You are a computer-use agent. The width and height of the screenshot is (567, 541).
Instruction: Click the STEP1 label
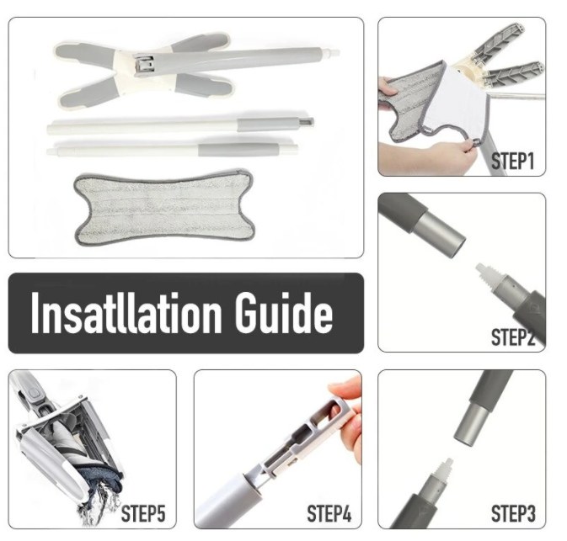point(513,161)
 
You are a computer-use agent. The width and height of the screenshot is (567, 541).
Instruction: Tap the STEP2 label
point(513,337)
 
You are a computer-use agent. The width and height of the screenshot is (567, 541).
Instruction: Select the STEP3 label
point(513,513)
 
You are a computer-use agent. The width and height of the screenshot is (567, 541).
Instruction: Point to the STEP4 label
point(329,513)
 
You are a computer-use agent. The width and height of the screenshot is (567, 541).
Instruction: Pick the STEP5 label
point(143,513)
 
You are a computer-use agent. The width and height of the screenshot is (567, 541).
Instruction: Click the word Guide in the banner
point(283,313)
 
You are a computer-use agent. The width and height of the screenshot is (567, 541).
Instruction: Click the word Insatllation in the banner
point(126,313)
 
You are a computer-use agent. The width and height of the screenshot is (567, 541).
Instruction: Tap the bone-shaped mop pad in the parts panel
point(163,207)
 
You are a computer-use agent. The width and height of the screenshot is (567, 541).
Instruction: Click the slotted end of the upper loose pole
point(306,123)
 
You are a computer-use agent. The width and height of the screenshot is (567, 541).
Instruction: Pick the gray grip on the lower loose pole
point(238,148)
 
